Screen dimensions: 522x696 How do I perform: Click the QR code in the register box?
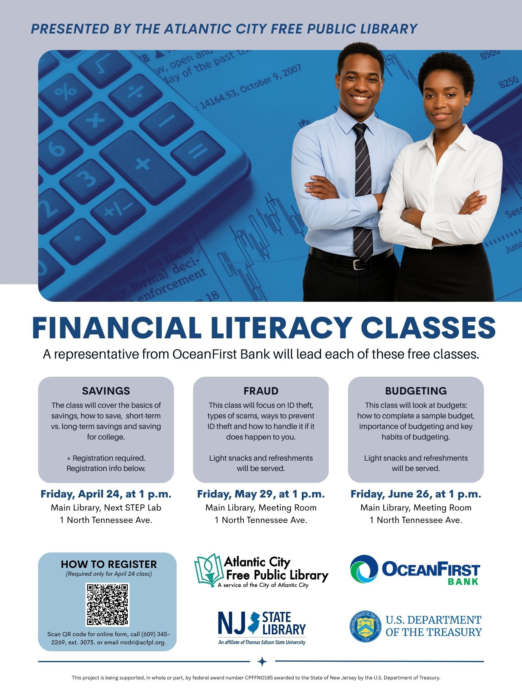tap(107, 604)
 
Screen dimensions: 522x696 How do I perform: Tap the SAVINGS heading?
tap(106, 391)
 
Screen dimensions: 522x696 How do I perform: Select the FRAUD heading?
tap(261, 391)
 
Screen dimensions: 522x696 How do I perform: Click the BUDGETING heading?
tap(416, 391)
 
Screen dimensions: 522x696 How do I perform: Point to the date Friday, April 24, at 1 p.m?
tap(106, 494)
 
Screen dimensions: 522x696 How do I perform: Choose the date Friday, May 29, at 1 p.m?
tap(261, 494)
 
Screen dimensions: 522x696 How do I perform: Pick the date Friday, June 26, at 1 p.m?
tap(416, 494)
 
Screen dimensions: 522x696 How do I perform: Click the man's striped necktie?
tap(362, 192)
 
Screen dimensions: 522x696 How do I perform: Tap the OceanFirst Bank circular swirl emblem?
tap(364, 569)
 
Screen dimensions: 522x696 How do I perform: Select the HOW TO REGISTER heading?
tap(109, 564)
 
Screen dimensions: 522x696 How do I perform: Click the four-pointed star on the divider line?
tap(262, 662)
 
